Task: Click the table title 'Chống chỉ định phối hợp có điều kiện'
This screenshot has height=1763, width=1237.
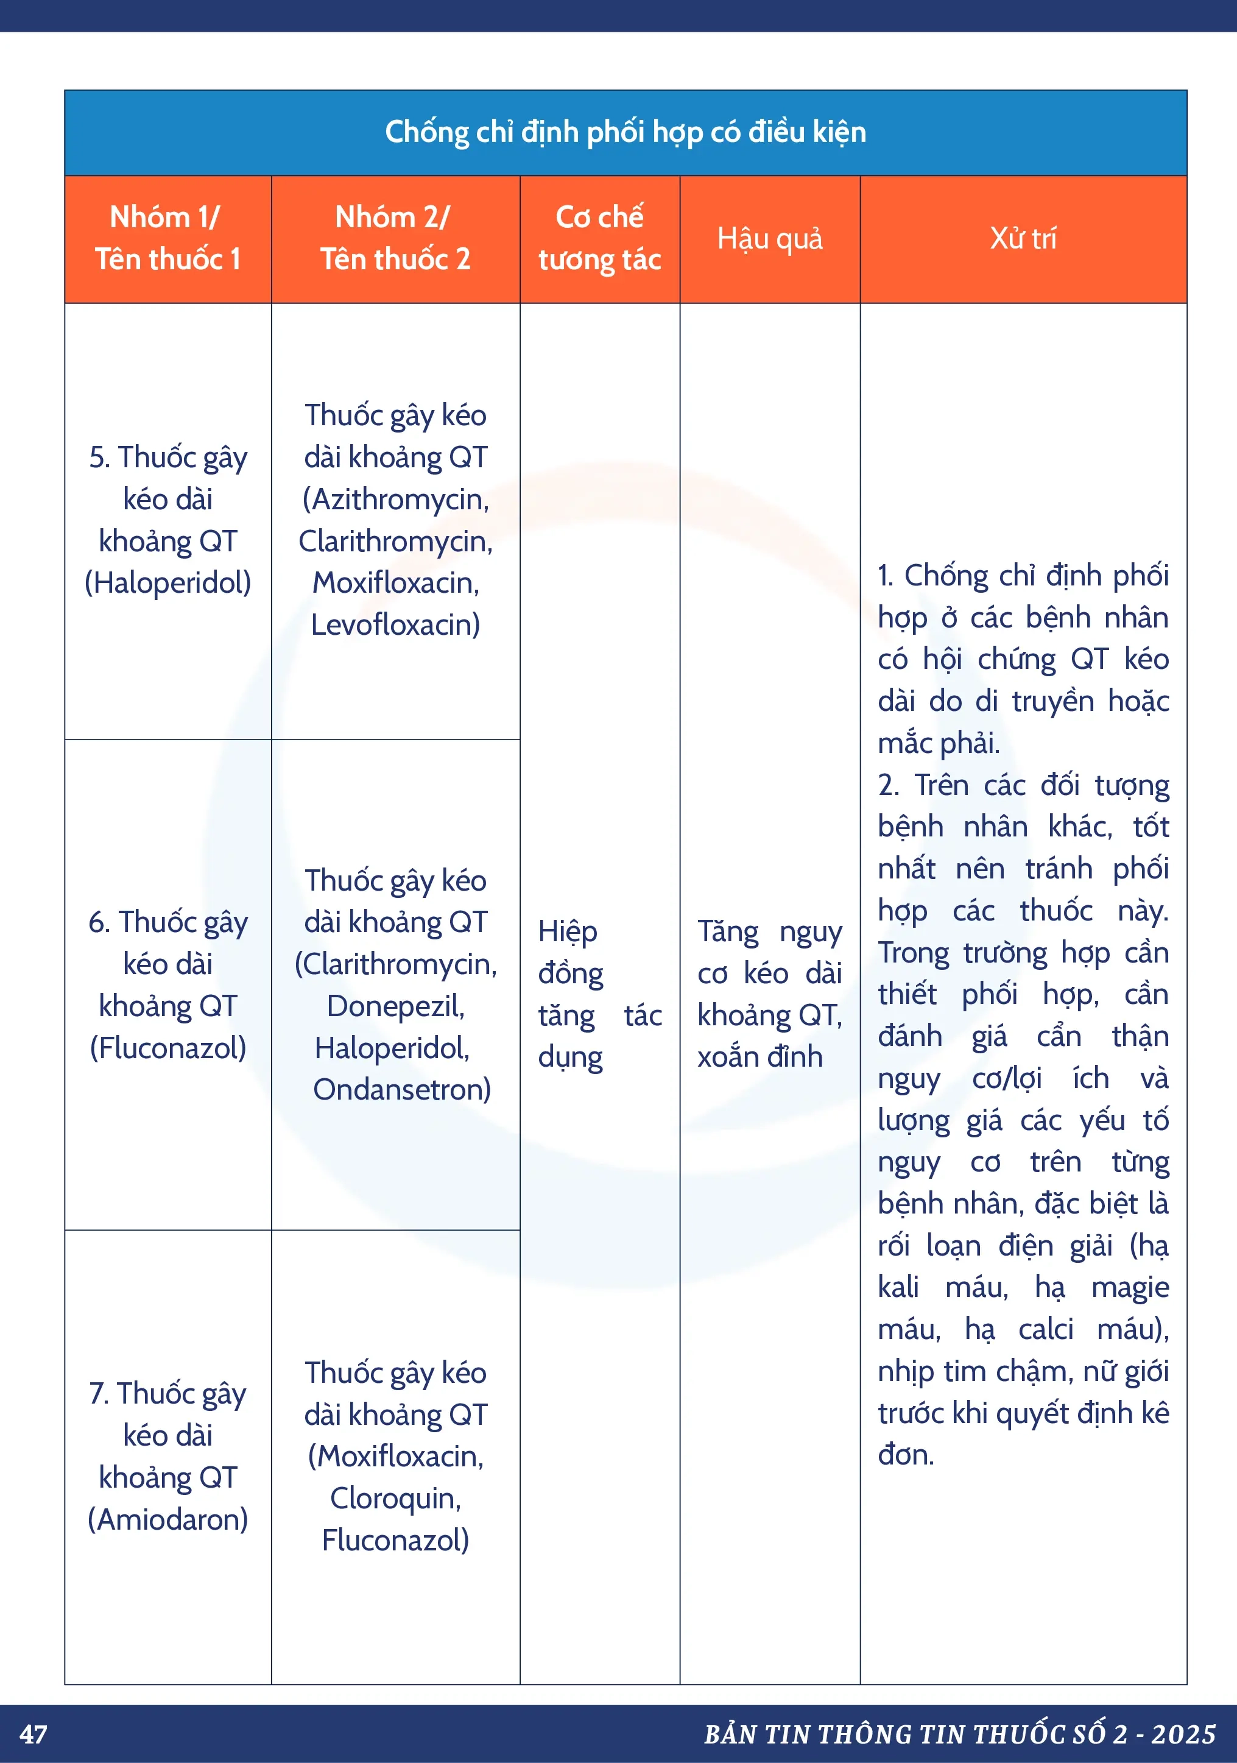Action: [625, 132]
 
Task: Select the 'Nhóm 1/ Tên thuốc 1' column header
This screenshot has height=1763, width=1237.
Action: [167, 238]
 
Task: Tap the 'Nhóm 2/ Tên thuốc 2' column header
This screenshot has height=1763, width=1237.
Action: [395, 238]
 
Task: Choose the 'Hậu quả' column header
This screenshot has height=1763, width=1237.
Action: [769, 239]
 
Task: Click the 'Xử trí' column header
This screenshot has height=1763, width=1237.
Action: [1023, 239]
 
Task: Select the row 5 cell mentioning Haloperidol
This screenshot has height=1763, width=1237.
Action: [167, 520]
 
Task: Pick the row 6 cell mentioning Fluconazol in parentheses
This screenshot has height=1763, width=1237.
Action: [167, 984]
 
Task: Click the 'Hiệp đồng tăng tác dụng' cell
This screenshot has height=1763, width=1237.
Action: [599, 994]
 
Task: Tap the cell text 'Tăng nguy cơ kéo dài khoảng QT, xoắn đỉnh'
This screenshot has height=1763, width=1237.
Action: [769, 994]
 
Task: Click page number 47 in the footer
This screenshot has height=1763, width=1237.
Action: [33, 1734]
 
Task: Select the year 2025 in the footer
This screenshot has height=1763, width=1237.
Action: [1183, 1734]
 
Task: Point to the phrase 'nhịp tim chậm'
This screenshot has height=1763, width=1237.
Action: [974, 1371]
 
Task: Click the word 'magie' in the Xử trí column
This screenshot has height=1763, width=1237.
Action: [1130, 1288]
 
